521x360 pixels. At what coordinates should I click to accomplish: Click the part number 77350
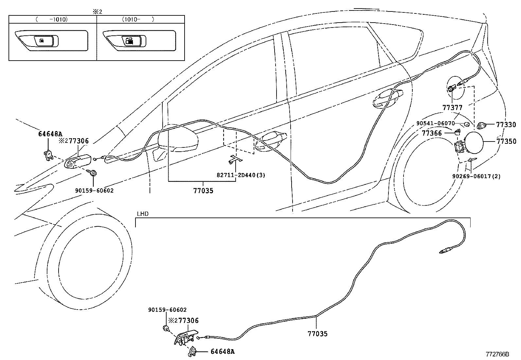pyautogui.click(x=506, y=142)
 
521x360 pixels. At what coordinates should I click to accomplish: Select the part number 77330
pyautogui.click(x=506, y=125)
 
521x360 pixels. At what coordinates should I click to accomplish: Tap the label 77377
pyautogui.click(x=452, y=107)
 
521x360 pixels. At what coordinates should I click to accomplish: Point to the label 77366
pyautogui.click(x=432, y=133)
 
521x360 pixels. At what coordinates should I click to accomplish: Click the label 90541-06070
pyautogui.click(x=435, y=123)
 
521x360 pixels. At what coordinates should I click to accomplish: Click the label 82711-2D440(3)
pyautogui.click(x=241, y=175)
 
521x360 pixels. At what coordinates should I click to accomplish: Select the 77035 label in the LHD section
pyautogui.click(x=317, y=334)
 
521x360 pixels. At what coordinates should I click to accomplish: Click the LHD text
pyautogui.click(x=143, y=214)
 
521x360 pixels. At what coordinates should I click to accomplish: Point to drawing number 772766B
pyautogui.click(x=497, y=354)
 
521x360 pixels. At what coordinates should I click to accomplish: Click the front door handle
pyautogui.click(x=271, y=141)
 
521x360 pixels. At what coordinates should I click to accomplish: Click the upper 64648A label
pyautogui.click(x=50, y=134)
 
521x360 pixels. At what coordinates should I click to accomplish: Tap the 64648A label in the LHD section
pyautogui.click(x=223, y=352)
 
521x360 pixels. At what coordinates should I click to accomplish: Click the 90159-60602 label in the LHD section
pyautogui.click(x=167, y=310)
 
